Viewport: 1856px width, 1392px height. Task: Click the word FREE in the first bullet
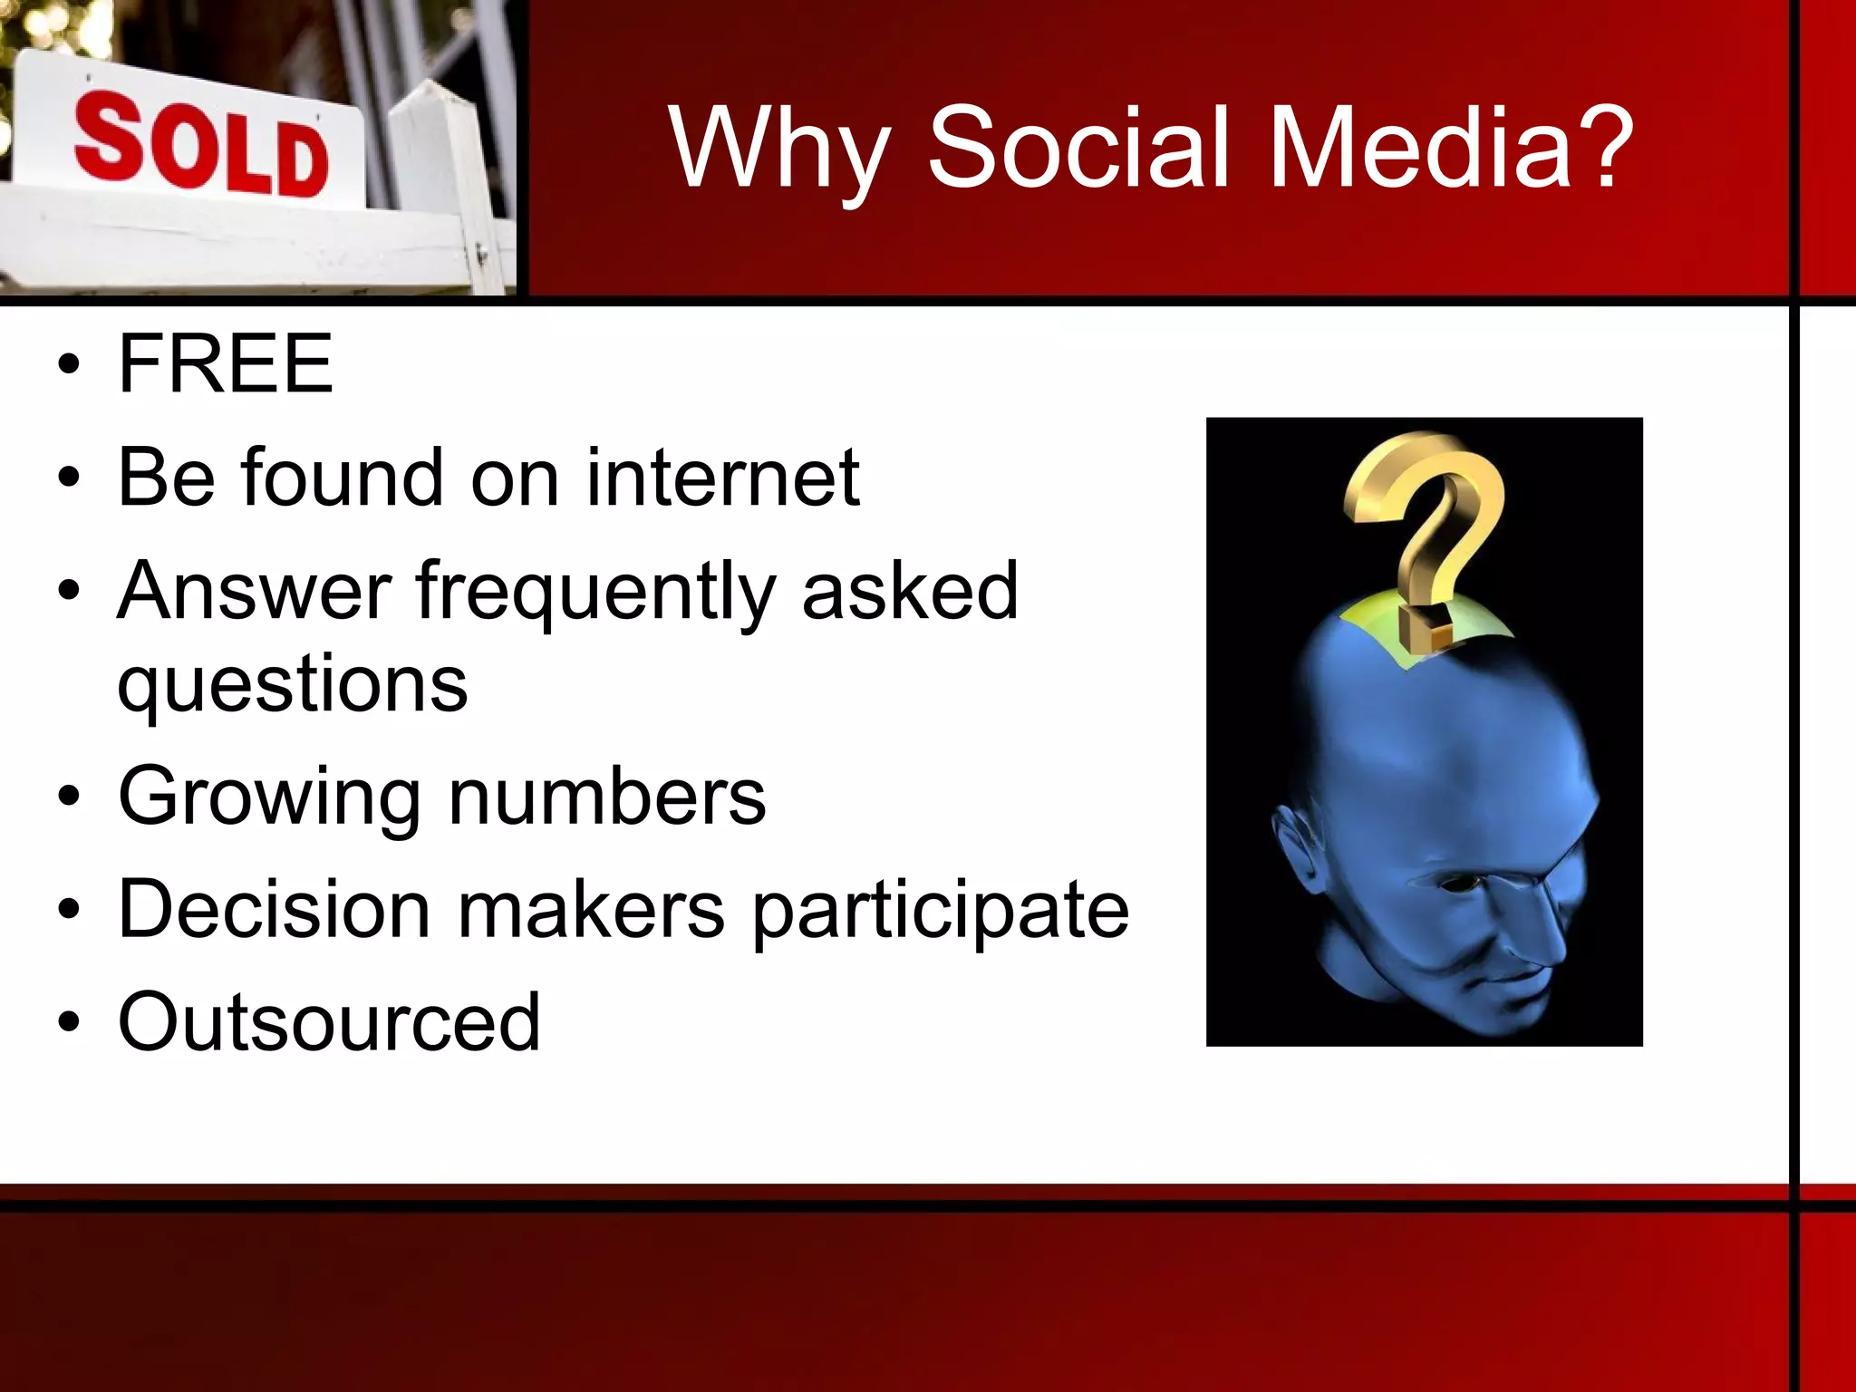click(x=226, y=363)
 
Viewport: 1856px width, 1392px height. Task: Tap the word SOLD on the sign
click(x=200, y=148)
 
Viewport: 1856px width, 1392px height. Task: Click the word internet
click(x=722, y=478)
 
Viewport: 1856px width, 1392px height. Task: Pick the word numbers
click(x=607, y=797)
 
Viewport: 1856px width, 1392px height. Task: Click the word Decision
click(x=274, y=909)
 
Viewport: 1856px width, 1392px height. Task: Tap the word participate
click(x=941, y=911)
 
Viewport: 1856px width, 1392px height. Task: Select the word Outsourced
click(x=329, y=1022)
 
